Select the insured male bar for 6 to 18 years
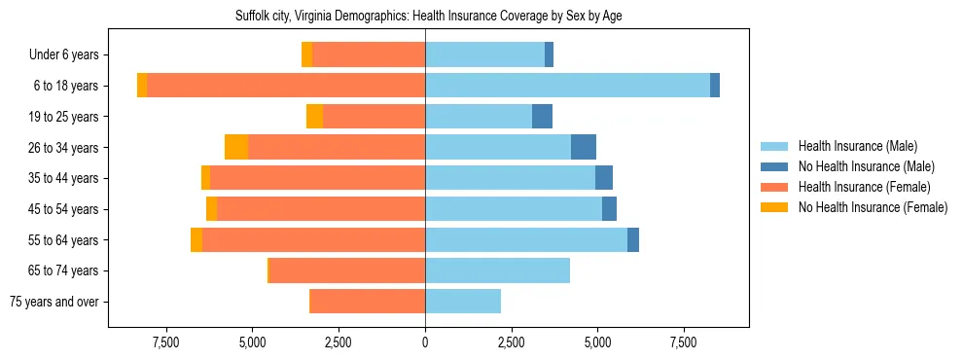(567, 86)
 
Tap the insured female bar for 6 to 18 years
(286, 86)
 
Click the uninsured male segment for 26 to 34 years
(583, 147)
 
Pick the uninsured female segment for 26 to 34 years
(236, 147)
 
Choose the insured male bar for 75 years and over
(463, 302)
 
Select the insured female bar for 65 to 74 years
(347, 270)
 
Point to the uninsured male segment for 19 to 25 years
(542, 117)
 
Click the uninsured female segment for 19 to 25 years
(314, 117)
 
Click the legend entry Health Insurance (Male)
(857, 147)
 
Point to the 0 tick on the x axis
(425, 342)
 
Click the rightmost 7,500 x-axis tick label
(683, 342)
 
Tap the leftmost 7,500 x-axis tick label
(166, 342)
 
